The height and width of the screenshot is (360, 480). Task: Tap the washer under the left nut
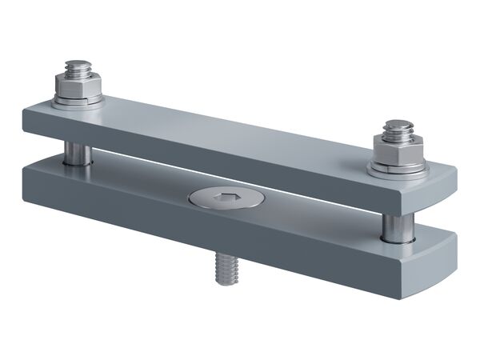[78, 100]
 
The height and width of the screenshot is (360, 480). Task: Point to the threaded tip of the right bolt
[398, 128]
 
